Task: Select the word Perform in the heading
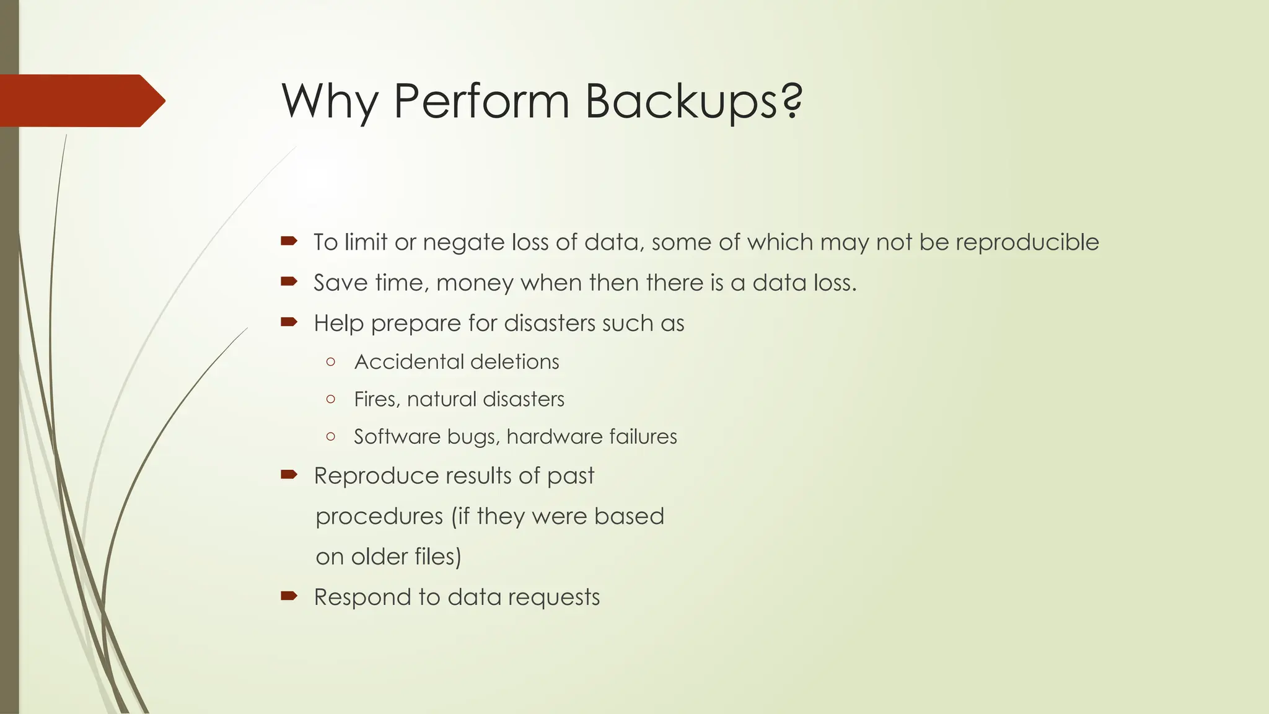tap(481, 101)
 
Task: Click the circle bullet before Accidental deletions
tap(330, 361)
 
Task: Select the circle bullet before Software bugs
tap(330, 436)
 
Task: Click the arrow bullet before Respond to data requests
tap(289, 596)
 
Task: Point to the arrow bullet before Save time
tap(289, 282)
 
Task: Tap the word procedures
tap(379, 517)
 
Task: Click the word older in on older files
tap(378, 557)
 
